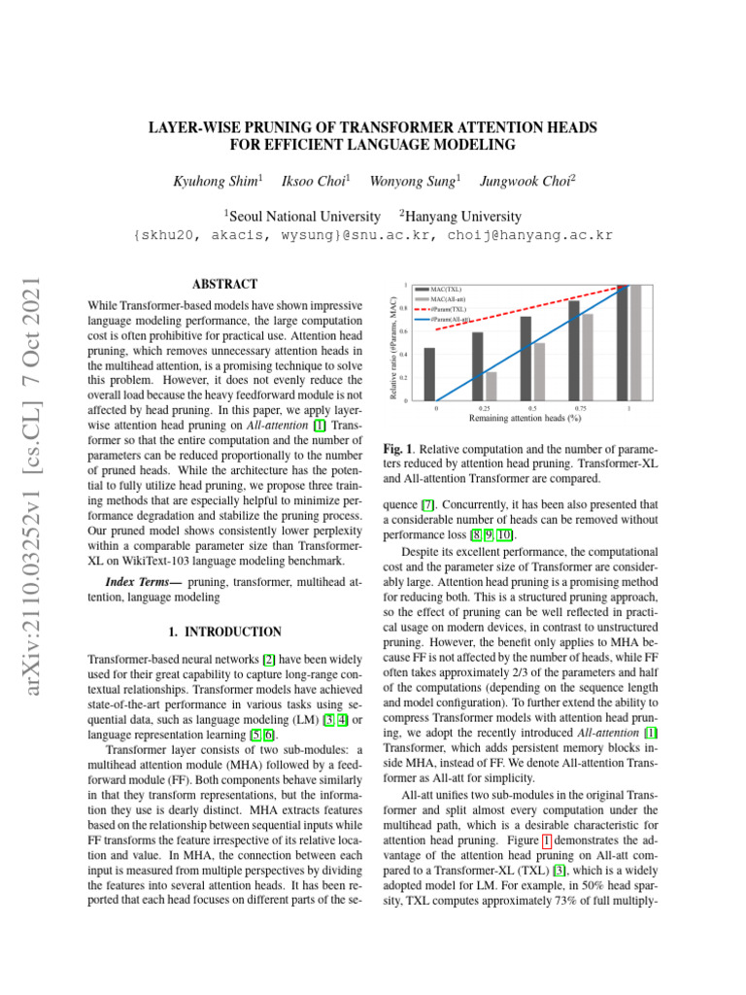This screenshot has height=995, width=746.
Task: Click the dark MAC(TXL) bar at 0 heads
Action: [429, 374]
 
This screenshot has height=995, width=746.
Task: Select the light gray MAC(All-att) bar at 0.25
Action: [491, 386]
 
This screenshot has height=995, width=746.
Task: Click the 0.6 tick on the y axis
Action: [405, 331]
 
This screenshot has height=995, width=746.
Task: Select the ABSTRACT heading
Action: [225, 285]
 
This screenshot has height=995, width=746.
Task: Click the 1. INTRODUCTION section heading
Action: [225, 631]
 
